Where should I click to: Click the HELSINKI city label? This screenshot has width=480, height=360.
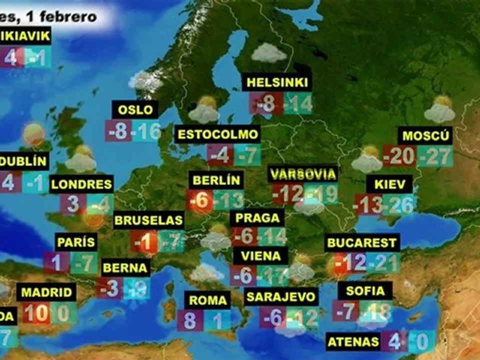click(276, 82)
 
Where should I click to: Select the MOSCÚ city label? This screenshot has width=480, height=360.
click(425, 135)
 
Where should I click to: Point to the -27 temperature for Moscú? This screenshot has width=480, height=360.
click(435, 156)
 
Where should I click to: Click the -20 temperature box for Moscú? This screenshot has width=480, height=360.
click(399, 156)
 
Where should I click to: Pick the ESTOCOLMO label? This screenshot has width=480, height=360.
click(218, 134)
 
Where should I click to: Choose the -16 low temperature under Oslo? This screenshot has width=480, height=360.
click(147, 131)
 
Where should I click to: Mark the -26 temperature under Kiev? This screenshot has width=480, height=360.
click(399, 204)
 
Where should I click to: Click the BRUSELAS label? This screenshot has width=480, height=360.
click(148, 220)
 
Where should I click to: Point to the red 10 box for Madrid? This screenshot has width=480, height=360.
click(35, 313)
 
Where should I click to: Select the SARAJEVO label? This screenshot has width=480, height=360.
click(281, 296)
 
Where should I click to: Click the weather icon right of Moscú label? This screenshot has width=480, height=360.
click(439, 109)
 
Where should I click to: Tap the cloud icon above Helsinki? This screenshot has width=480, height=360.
click(269, 52)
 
